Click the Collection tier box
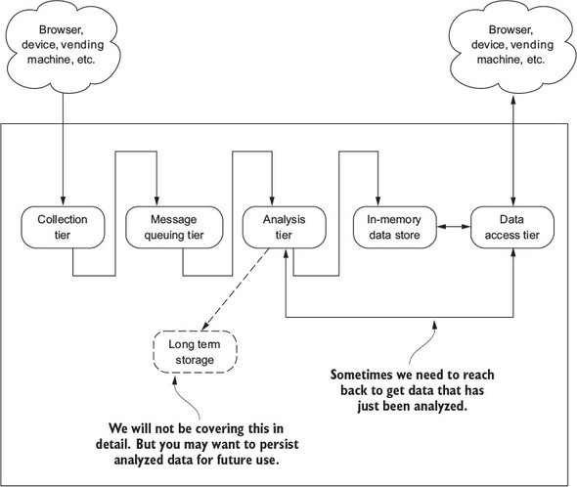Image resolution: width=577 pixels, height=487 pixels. click(63, 227)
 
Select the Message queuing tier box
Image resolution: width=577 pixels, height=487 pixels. click(174, 227)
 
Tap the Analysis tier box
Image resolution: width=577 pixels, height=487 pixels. click(284, 227)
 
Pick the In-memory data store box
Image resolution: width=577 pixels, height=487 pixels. click(394, 227)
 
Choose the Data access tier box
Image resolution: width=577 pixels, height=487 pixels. click(512, 227)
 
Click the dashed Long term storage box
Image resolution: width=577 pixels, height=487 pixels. click(195, 351)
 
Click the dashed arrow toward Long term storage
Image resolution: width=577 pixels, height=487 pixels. click(236, 288)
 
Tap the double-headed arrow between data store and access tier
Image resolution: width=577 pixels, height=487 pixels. click(454, 227)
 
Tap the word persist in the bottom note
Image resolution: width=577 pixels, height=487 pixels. click(280, 444)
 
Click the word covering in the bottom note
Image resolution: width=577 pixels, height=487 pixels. click(220, 429)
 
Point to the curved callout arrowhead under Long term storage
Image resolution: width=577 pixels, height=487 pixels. click(175, 380)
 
